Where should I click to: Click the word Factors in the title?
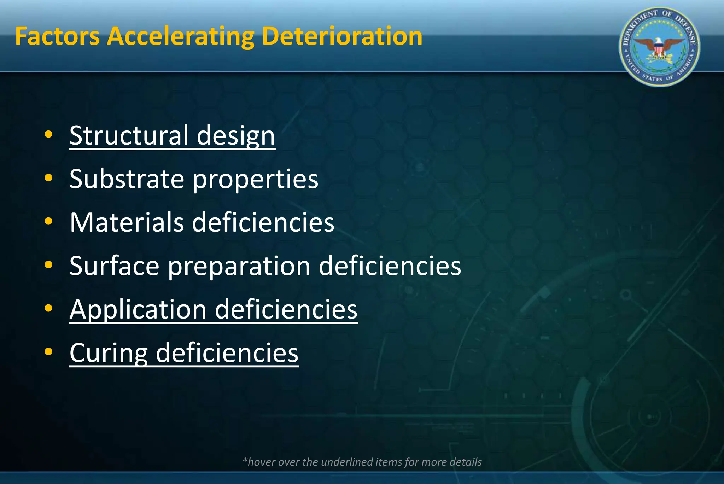(57, 36)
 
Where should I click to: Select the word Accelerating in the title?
(181, 36)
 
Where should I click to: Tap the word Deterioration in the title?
(342, 36)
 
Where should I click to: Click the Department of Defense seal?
(659, 47)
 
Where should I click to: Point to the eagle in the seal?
(659, 46)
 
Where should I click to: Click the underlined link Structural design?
(172, 135)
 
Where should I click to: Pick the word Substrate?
(127, 179)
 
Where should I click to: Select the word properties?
(255, 180)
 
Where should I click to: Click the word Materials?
(127, 222)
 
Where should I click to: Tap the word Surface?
(114, 266)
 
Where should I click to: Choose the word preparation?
(239, 267)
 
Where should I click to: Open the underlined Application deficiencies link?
(214, 310)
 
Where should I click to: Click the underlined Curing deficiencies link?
(184, 353)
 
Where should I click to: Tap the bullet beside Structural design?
(48, 135)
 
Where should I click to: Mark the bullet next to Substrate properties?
(48, 178)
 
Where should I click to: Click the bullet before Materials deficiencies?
(48, 222)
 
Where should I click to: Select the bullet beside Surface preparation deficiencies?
(48, 265)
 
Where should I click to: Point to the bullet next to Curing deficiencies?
(48, 352)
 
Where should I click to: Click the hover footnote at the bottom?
(362, 462)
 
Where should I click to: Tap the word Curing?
(109, 353)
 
